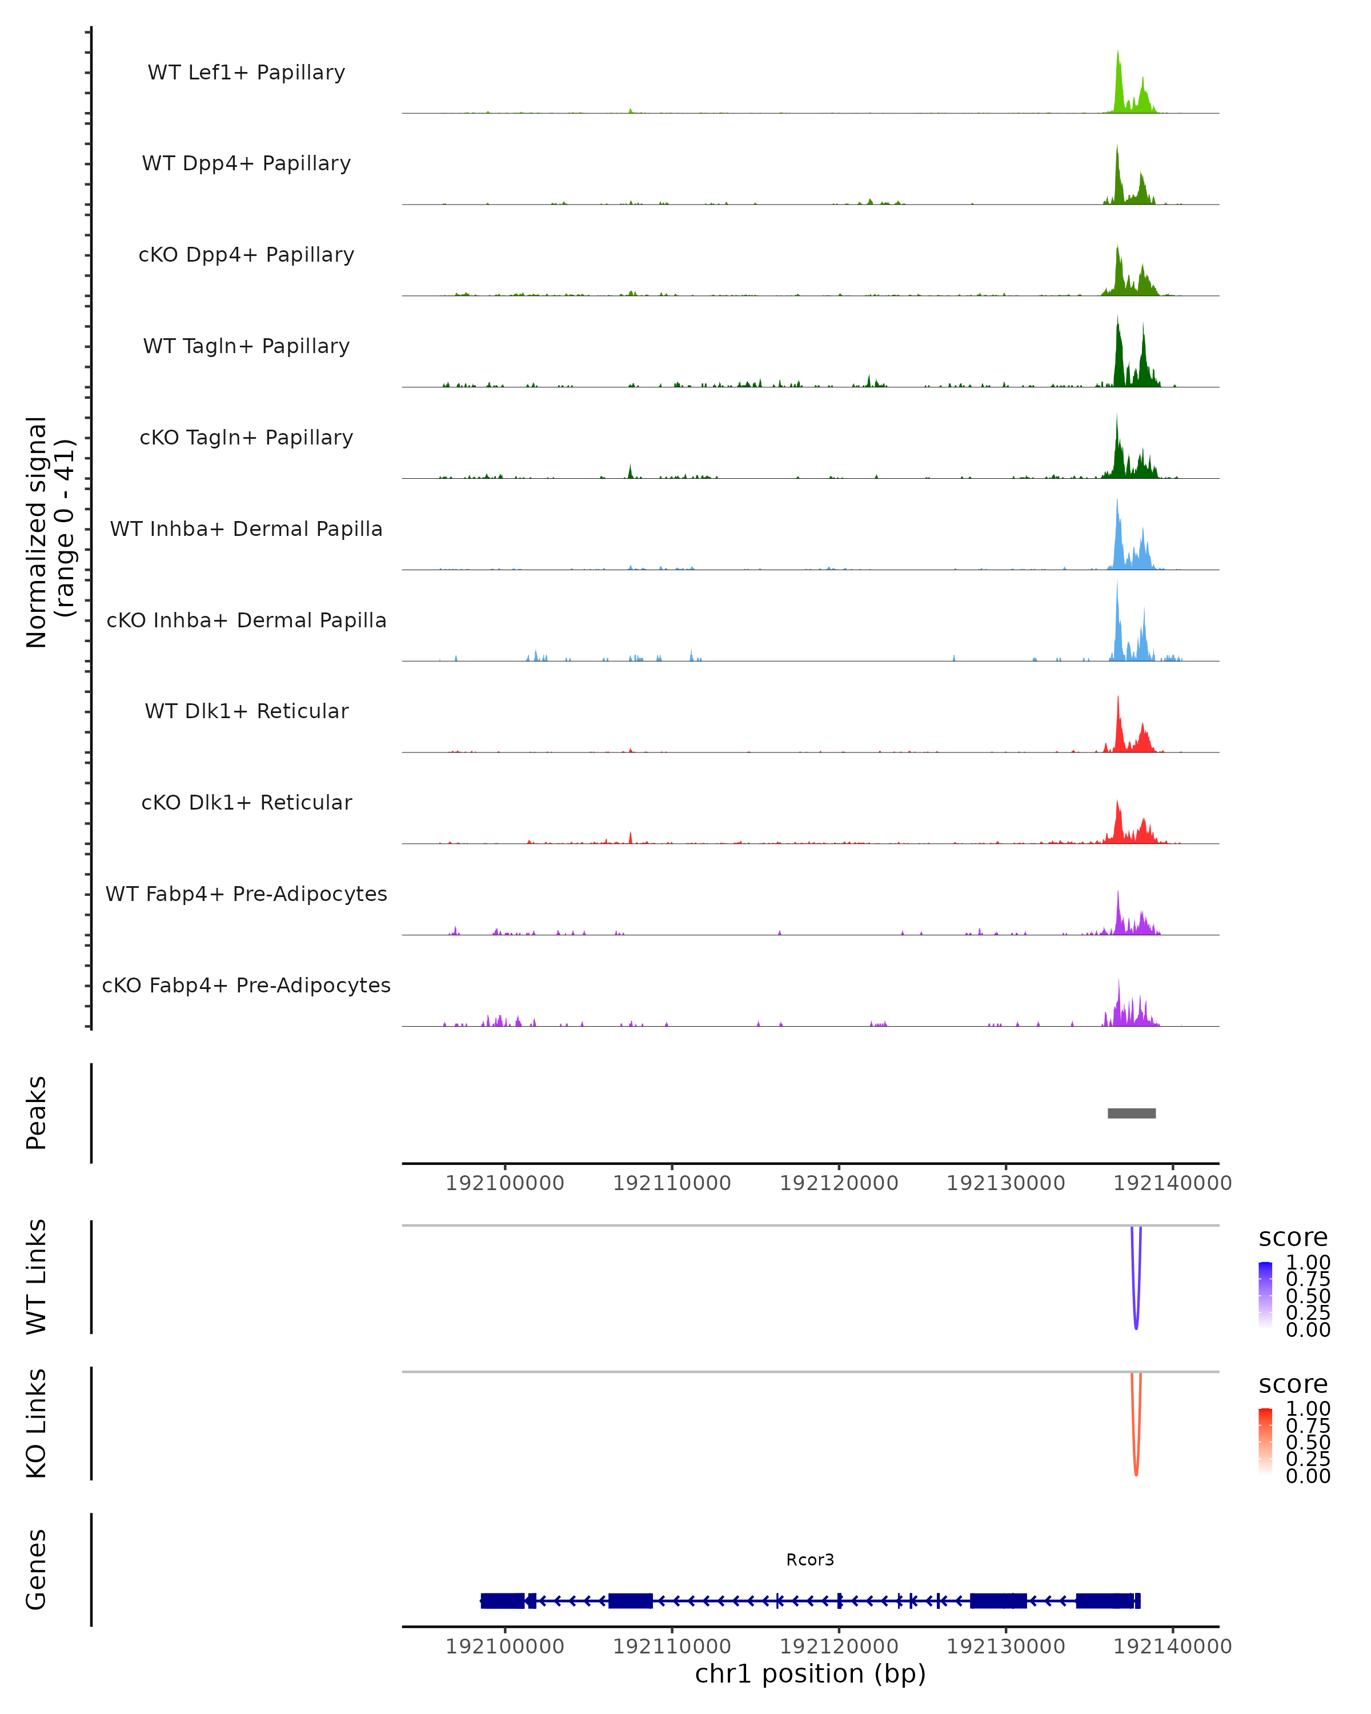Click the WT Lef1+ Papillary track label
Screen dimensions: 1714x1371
coord(246,73)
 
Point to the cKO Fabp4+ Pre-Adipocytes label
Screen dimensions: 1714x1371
coord(246,985)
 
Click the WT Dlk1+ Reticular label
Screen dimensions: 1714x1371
coord(246,711)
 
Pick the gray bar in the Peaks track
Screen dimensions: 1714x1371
coord(1131,1113)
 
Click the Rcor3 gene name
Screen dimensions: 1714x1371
coord(810,1559)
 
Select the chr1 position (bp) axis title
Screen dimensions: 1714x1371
coord(810,1673)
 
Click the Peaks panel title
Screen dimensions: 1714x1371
coord(37,1112)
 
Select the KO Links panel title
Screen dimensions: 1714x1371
coord(37,1423)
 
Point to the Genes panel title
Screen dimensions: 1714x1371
coord(37,1569)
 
